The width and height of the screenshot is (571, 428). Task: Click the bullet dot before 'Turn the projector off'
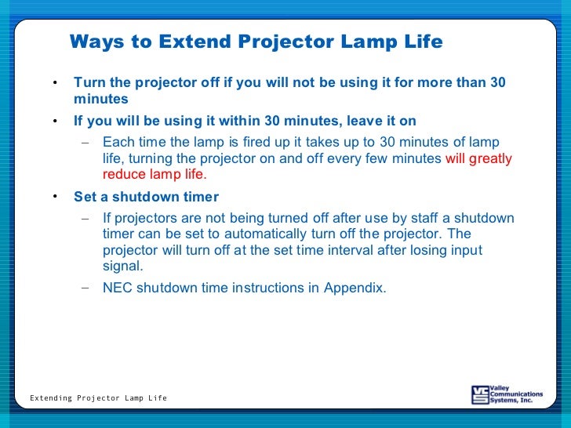point(55,84)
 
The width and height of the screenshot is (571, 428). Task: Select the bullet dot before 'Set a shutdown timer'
point(55,198)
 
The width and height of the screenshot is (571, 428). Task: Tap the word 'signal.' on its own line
point(124,266)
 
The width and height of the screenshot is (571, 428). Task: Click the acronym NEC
point(118,288)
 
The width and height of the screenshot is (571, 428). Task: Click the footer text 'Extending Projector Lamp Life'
point(98,398)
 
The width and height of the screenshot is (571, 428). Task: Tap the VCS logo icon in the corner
point(480,394)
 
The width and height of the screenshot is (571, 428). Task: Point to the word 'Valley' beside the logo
point(500,387)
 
